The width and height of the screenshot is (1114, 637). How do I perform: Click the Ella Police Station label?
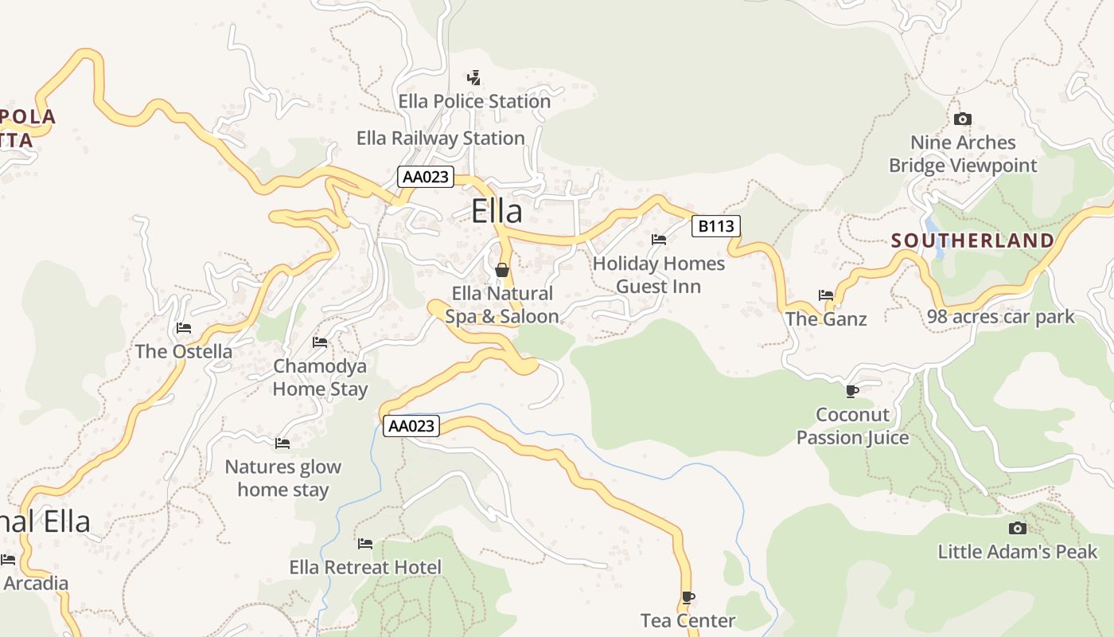point(474,102)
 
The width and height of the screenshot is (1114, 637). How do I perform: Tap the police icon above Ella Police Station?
point(473,78)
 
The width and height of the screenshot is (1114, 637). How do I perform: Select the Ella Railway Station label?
point(440,139)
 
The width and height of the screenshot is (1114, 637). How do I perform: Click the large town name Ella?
point(497,212)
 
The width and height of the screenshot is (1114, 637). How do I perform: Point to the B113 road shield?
point(715,226)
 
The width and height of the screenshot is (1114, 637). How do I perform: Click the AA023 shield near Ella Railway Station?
point(426,177)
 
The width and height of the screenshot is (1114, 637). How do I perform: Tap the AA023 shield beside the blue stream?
point(411,426)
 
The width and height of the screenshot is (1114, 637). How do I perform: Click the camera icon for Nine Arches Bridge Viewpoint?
point(963,119)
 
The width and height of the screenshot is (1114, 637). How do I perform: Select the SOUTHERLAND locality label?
point(972,240)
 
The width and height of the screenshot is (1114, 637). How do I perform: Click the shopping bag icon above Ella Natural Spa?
point(502,270)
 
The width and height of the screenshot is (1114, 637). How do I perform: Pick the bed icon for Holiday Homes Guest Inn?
point(659,239)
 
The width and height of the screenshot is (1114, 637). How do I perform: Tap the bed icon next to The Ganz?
point(826,295)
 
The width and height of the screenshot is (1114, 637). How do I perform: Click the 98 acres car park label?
point(1000,317)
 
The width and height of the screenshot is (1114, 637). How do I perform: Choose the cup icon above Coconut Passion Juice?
point(851,391)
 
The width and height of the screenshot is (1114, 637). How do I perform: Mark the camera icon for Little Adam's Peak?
point(1017,528)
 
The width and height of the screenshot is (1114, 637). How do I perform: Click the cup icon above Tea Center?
point(688,597)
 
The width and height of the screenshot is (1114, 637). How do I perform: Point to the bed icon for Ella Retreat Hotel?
point(365,544)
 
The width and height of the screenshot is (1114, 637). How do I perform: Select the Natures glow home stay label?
point(282,479)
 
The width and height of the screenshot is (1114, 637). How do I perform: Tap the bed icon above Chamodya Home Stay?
point(320,342)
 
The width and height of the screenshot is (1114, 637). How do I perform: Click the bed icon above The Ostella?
point(184,328)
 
